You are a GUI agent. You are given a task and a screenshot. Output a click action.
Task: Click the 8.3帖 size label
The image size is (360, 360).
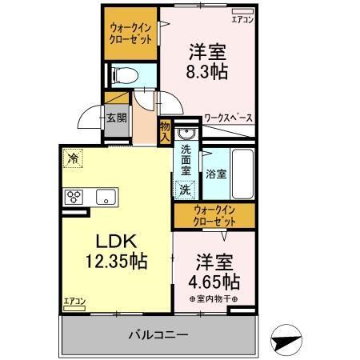pyautogui.click(x=207, y=71)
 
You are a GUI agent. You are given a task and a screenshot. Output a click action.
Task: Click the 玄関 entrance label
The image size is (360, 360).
pyautogui.click(x=115, y=118)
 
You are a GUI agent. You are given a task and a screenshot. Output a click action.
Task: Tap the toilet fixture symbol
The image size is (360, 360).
pyautogui.click(x=124, y=76)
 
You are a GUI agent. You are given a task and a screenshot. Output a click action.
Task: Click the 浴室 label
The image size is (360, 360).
pyautogui.click(x=214, y=173)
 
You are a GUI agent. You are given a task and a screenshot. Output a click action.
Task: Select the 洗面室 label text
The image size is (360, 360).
pyautogui.click(x=186, y=160)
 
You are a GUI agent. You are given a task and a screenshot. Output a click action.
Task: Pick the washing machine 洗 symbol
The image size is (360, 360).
pyautogui.click(x=185, y=190)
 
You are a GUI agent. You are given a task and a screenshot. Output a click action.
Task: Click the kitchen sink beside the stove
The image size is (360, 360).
pyautogui.click(x=106, y=197)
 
